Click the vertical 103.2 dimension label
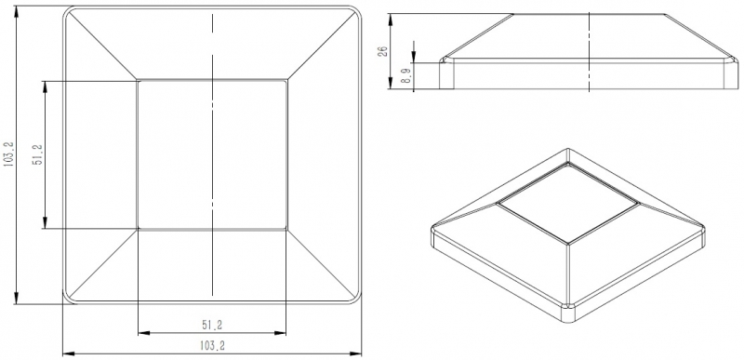pyautogui.click(x=8, y=153)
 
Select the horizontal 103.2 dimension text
pyautogui.click(x=212, y=346)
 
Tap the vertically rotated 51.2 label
pyautogui.click(x=38, y=154)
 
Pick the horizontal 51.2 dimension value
pyautogui.click(x=212, y=325)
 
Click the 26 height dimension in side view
pyautogui.click(x=383, y=51)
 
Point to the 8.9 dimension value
pyautogui.click(x=405, y=75)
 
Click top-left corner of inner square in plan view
pyautogui.click(x=138, y=80)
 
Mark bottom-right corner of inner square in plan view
pyautogui.click(x=286, y=229)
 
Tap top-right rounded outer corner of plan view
pyautogui.click(x=357, y=10)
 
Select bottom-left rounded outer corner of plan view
pyautogui.click(x=68, y=299)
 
